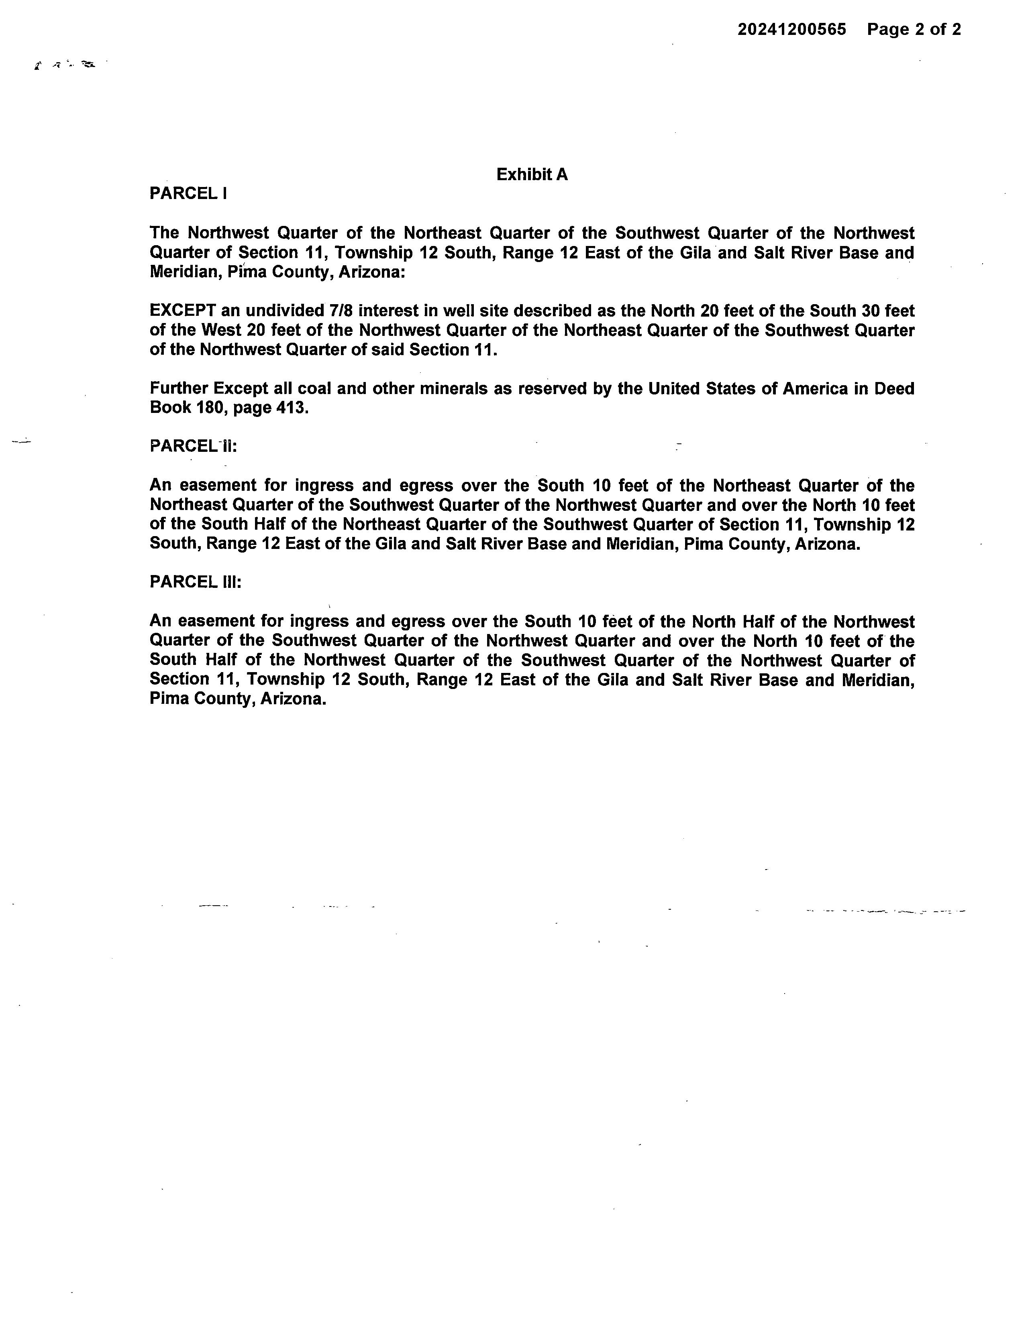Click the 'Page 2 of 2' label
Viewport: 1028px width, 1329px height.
914,29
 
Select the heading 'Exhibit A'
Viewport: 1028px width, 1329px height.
532,175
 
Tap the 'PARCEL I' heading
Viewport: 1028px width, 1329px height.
188,193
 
